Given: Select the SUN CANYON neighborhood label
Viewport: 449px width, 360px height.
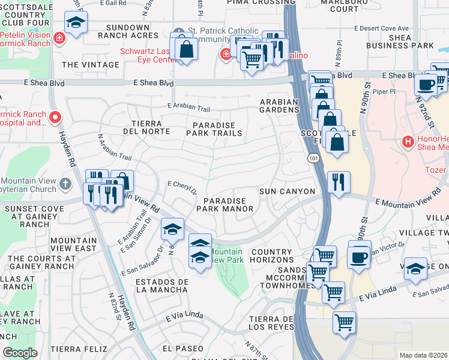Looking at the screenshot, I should [287, 191].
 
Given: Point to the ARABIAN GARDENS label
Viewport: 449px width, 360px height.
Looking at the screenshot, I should [279, 106].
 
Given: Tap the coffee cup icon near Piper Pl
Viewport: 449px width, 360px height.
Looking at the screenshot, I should [426, 84].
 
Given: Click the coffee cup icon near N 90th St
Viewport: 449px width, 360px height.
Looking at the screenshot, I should [359, 257].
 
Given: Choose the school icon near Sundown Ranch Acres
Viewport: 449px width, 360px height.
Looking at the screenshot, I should [76, 23].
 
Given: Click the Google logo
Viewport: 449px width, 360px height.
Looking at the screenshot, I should [20, 353].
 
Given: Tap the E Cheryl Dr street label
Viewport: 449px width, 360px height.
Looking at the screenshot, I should [182, 187].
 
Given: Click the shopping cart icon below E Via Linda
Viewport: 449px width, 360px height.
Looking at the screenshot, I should [344, 323].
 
